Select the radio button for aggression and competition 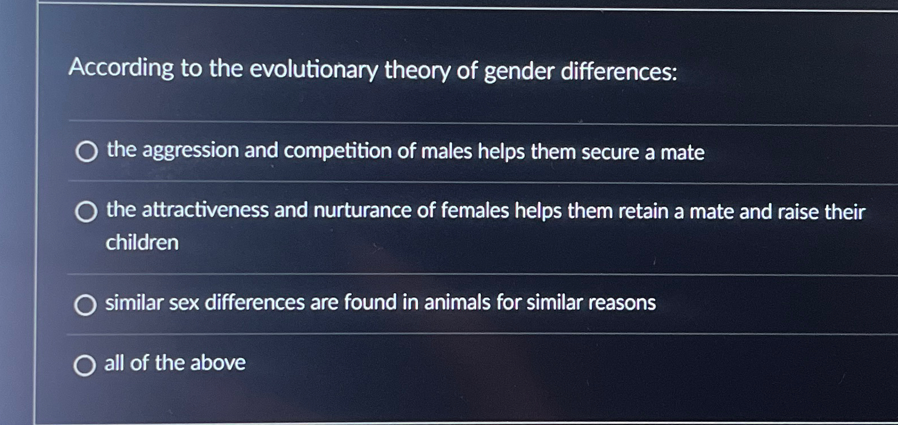pyautogui.click(x=86, y=152)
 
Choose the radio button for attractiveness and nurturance pyautogui.click(x=86, y=212)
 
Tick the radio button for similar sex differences pyautogui.click(x=85, y=305)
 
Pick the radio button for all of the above pyautogui.click(x=85, y=366)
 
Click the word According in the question pyautogui.click(x=121, y=68)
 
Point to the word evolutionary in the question pyautogui.click(x=314, y=70)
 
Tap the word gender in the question pyautogui.click(x=518, y=72)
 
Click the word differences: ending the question pyautogui.click(x=619, y=72)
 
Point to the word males pyautogui.click(x=446, y=152)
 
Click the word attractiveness pyautogui.click(x=204, y=210)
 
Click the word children pyautogui.click(x=142, y=243)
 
